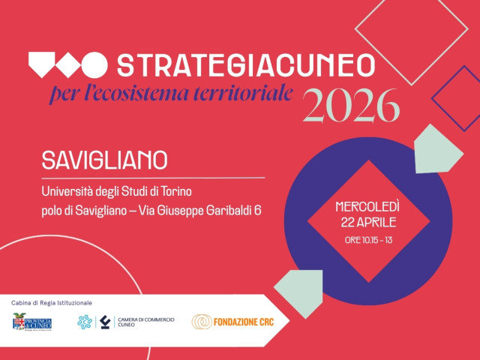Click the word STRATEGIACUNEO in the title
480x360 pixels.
click(x=246, y=65)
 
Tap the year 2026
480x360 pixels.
click(x=350, y=106)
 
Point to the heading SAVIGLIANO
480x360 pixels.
click(x=104, y=160)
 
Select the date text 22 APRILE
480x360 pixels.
click(x=367, y=222)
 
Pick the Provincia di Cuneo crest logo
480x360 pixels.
click(x=31, y=322)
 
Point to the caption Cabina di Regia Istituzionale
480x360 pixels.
click(x=52, y=302)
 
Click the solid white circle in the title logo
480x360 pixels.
click(x=94, y=65)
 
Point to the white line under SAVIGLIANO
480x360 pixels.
click(x=153, y=177)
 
